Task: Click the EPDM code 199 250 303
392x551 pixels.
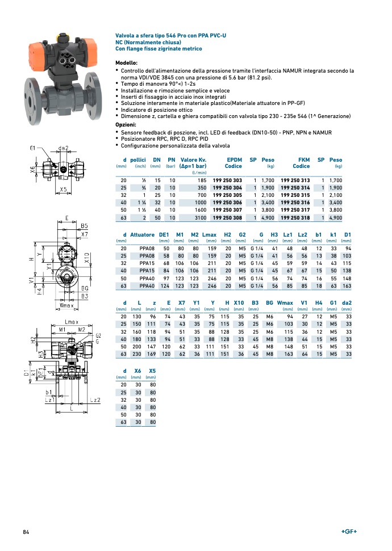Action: click(x=227, y=180)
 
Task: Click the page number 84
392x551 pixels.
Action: click(x=26, y=531)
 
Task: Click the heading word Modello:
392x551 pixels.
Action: click(x=126, y=62)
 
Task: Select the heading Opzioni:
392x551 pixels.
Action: click(x=126, y=124)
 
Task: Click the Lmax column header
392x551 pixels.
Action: click(x=209, y=235)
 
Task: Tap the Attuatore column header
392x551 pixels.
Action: click(x=142, y=235)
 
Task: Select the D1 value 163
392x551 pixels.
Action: click(x=348, y=286)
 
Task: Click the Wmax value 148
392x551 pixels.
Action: click(x=288, y=346)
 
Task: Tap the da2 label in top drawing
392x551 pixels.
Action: click(x=63, y=149)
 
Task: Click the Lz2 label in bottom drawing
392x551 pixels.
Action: click(x=95, y=400)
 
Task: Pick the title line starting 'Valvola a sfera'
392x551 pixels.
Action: click(x=170, y=35)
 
